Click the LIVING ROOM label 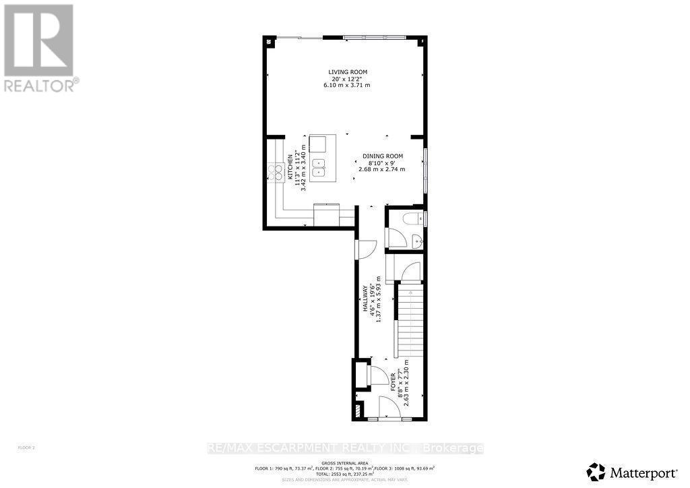coord(348,72)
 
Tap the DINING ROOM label coord(383,156)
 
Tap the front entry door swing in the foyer coord(389,408)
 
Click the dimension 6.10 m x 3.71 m coord(348,86)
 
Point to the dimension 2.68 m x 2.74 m coord(382,169)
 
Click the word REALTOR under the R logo coord(38,86)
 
